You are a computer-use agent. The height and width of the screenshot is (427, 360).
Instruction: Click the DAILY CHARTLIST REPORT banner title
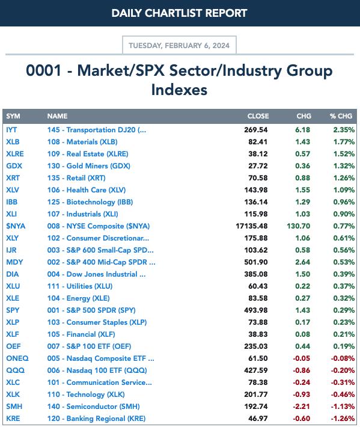(x=179, y=13)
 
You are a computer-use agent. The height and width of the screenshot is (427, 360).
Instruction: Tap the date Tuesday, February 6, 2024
(x=179, y=46)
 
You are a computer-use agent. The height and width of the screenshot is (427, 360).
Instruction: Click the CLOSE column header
(x=258, y=116)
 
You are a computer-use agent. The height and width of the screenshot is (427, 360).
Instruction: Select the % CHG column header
(x=341, y=116)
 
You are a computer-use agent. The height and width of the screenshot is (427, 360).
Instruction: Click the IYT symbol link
(x=11, y=130)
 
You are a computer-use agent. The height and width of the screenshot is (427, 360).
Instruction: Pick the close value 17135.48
(x=252, y=226)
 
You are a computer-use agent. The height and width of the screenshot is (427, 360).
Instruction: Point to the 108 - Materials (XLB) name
(x=82, y=142)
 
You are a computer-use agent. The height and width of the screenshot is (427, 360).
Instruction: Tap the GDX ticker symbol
(x=14, y=166)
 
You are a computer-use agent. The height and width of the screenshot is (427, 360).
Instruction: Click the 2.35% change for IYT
(x=344, y=130)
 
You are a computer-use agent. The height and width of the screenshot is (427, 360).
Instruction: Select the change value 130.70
(x=299, y=226)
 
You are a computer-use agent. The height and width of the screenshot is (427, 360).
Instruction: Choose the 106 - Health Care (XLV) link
(x=87, y=190)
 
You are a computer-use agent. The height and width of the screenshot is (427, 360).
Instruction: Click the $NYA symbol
(x=16, y=226)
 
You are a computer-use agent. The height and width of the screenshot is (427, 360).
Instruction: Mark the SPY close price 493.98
(x=256, y=310)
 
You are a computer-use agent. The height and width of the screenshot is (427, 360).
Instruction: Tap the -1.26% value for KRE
(x=343, y=419)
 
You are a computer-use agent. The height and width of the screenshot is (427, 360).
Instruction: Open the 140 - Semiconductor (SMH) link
(x=94, y=407)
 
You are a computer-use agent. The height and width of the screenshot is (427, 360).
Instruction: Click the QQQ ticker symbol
(x=15, y=370)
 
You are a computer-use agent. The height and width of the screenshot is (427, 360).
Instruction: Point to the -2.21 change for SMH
(x=302, y=407)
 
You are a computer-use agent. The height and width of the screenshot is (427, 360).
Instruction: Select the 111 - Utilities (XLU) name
(x=80, y=286)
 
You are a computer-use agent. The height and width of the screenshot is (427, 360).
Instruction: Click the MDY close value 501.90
(x=256, y=262)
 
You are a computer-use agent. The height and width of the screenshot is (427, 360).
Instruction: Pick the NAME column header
(x=58, y=116)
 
